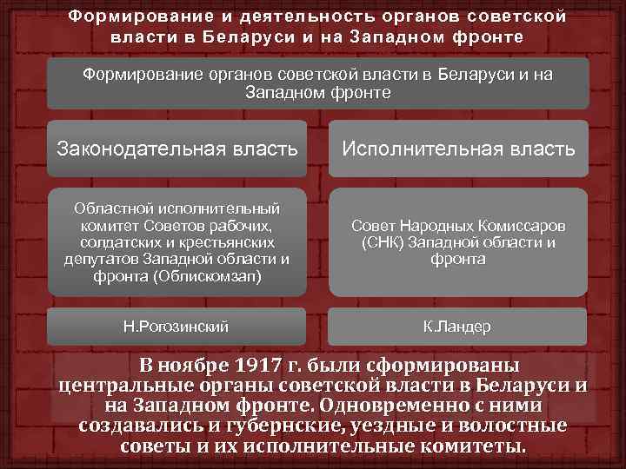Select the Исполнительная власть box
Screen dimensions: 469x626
[458, 149]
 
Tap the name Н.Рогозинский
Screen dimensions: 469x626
[176, 327]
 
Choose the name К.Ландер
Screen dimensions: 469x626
[456, 327]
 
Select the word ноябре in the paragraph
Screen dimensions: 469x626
[193, 363]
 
